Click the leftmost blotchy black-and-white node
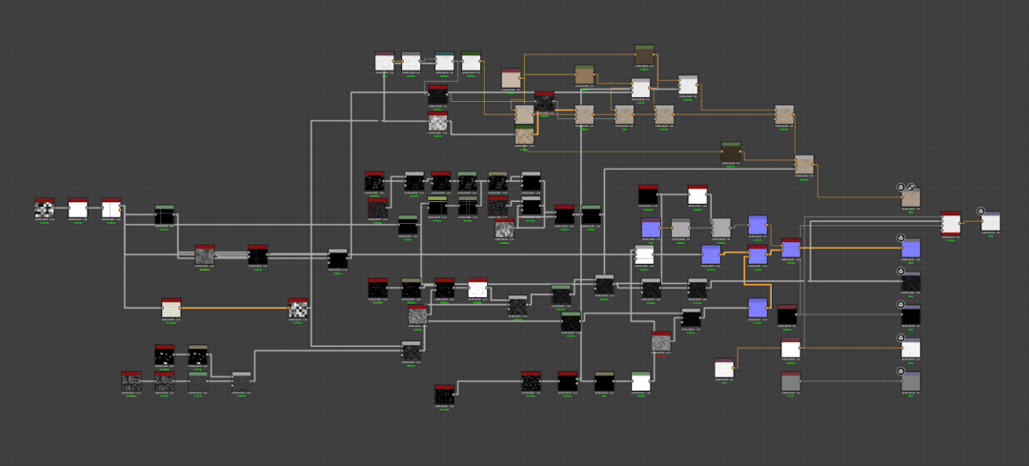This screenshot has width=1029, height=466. (x=45, y=209)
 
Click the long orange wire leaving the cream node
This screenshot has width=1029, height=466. (x=233, y=308)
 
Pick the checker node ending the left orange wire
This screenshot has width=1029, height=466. (x=298, y=307)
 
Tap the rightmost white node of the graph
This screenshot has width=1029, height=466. (x=991, y=222)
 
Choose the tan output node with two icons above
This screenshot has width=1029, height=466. (x=911, y=198)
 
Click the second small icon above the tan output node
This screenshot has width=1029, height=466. (x=912, y=187)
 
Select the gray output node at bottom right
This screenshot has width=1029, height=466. (x=911, y=381)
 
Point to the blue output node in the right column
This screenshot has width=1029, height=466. (x=911, y=248)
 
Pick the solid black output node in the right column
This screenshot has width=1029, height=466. (x=911, y=314)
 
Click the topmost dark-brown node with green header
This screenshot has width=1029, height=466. (x=644, y=55)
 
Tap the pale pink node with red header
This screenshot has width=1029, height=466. (x=512, y=78)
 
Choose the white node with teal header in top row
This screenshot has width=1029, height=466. (x=444, y=62)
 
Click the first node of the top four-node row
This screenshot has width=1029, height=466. (x=385, y=62)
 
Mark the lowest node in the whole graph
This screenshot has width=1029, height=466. (x=443, y=394)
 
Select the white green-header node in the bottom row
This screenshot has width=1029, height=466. (x=640, y=381)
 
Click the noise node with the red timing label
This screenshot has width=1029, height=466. (x=661, y=341)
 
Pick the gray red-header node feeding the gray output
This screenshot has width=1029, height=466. (x=791, y=381)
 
